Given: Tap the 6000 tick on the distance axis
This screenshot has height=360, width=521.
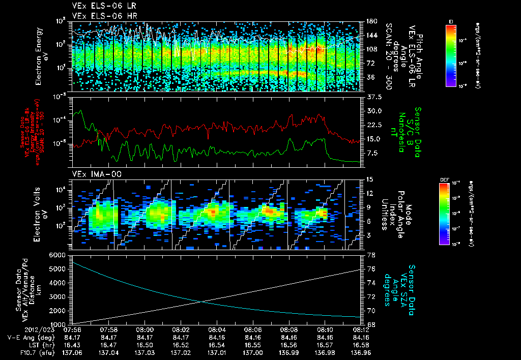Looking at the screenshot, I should click(x=57, y=255).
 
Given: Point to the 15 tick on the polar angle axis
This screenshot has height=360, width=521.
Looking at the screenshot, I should click(x=369, y=179).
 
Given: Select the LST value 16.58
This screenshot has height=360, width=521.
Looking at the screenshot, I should click(x=361, y=344).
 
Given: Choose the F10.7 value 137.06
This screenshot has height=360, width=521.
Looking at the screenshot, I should click(x=73, y=352).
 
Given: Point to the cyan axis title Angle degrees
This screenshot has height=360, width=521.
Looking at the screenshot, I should click(x=395, y=290).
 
